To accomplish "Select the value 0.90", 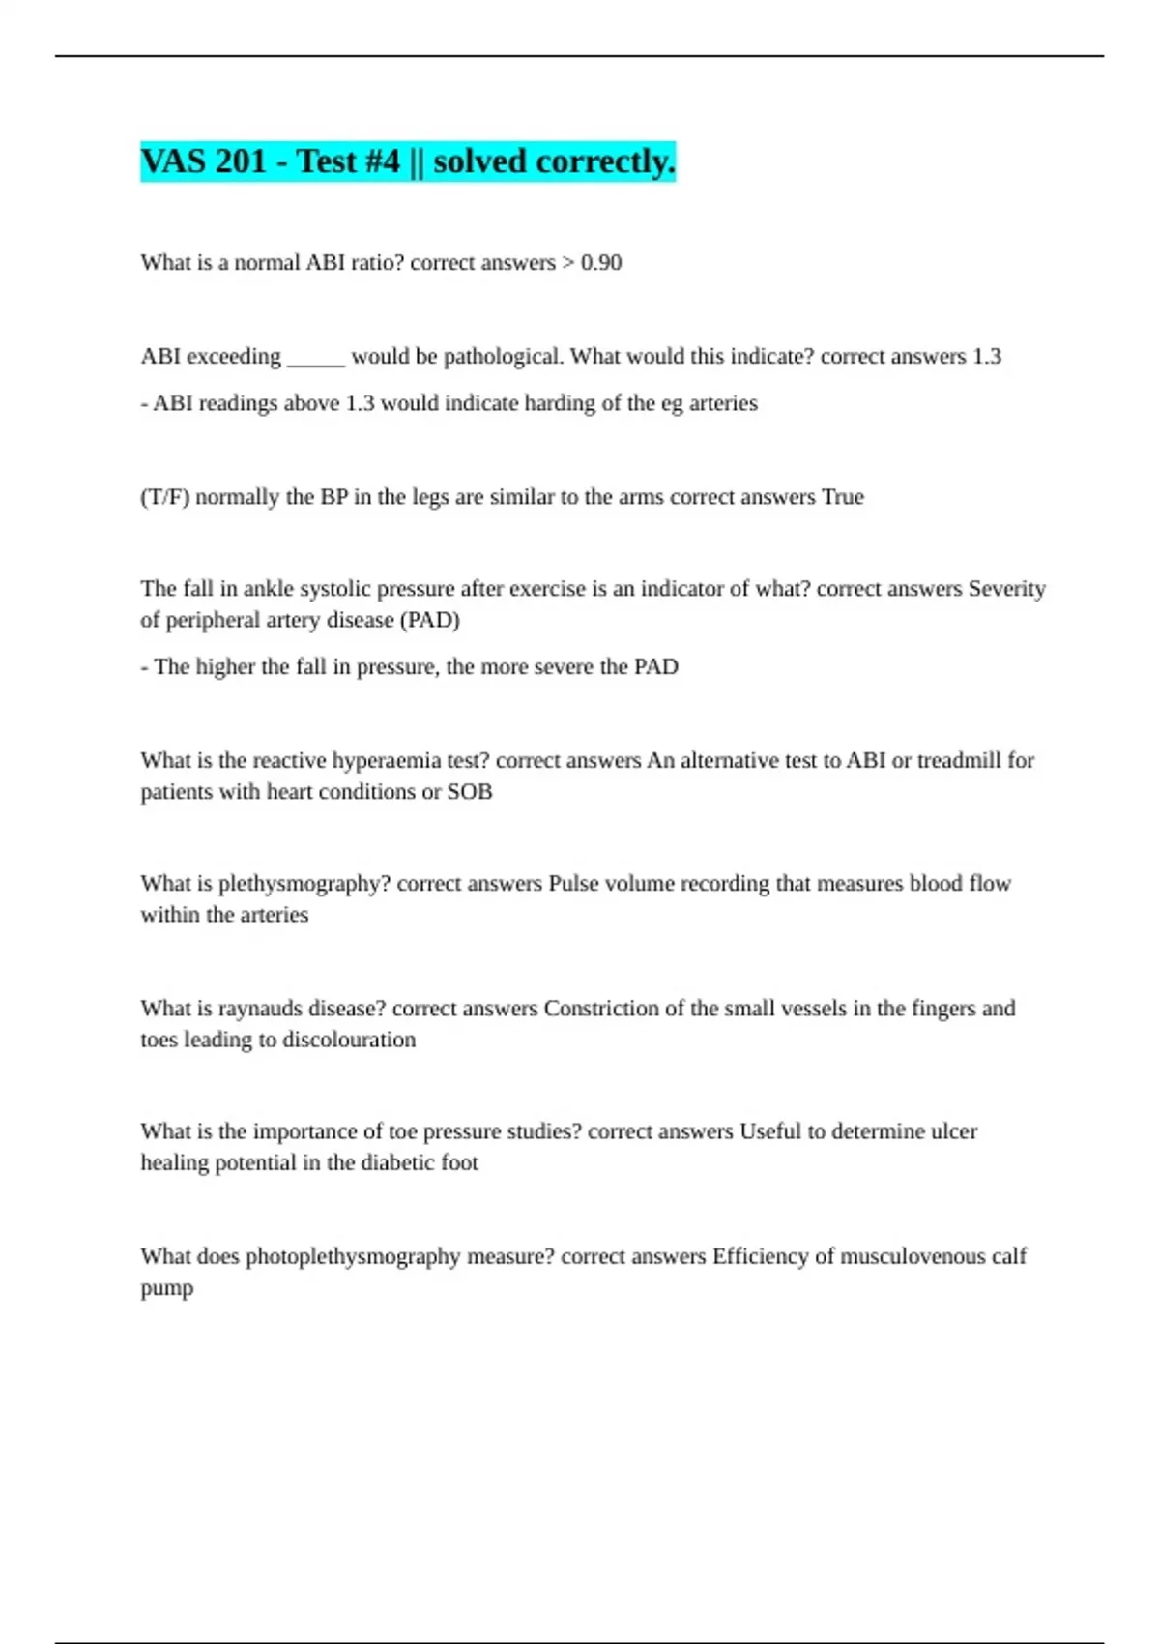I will click(x=601, y=263).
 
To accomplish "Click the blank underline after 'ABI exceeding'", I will click(x=316, y=358).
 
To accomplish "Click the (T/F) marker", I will click(x=165, y=497).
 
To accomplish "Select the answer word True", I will click(x=842, y=497).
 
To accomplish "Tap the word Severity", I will click(x=1006, y=589).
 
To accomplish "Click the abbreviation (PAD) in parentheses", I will click(x=429, y=620).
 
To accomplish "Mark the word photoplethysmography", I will click(x=353, y=1256).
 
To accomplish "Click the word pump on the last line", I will click(x=166, y=1288).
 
